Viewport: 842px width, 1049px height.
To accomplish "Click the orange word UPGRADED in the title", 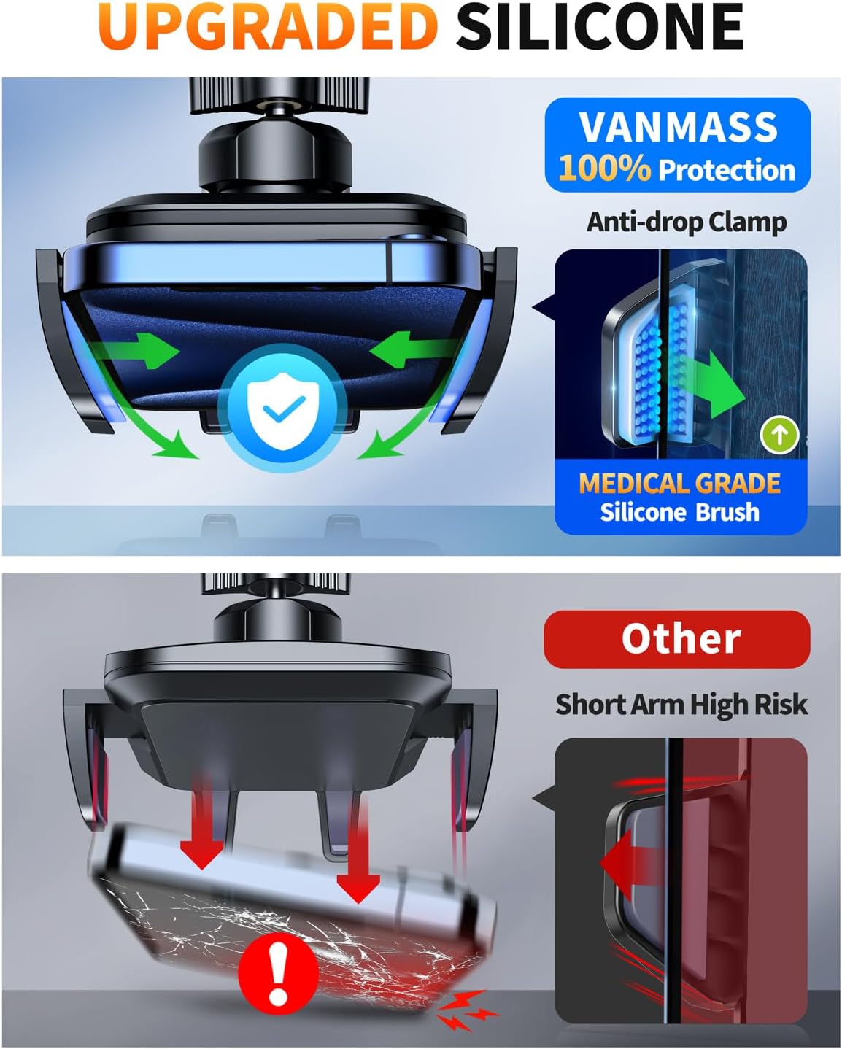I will (268, 27).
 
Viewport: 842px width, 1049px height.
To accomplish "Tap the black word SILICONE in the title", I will (599, 27).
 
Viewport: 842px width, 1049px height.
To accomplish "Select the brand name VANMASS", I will (678, 127).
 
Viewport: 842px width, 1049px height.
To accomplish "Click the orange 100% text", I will (604, 169).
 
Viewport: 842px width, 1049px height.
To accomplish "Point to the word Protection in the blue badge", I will (726, 170).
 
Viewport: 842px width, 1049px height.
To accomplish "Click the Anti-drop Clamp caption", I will (687, 221).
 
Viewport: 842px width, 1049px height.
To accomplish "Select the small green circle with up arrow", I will (779, 436).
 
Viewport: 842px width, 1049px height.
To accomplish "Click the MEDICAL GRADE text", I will (679, 484).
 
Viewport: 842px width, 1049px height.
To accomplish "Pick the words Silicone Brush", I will (679, 512).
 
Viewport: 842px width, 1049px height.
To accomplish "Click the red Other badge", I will (677, 639).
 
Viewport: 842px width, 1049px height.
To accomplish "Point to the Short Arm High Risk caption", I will (681, 705).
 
